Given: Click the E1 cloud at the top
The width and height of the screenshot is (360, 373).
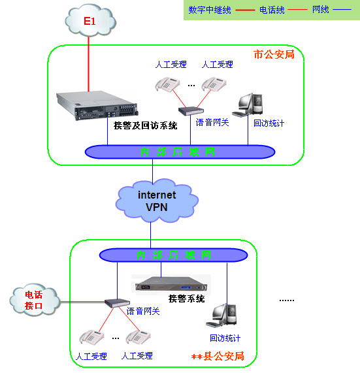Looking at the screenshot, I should (90, 22).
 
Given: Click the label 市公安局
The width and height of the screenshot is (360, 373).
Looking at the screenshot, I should (274, 54).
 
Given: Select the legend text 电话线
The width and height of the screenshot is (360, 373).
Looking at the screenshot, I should (271, 10).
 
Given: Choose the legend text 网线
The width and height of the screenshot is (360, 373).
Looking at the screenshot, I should (321, 10).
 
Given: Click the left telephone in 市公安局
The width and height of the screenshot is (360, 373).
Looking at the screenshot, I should (167, 84).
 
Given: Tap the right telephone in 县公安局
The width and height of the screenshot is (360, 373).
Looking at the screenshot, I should (139, 337).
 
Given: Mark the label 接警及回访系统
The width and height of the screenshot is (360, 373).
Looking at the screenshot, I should (145, 125).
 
